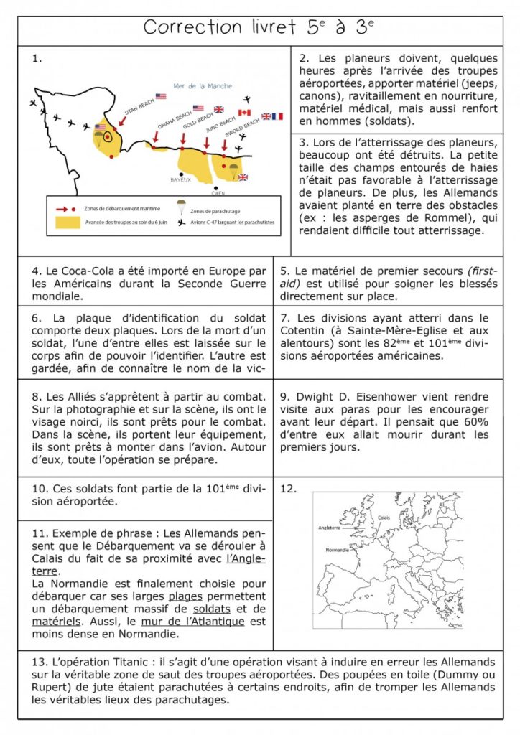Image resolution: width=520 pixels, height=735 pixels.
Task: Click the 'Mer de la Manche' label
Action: [203, 86]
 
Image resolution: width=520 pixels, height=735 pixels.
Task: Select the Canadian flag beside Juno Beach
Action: [244, 113]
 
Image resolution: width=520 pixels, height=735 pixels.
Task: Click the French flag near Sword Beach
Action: [278, 116]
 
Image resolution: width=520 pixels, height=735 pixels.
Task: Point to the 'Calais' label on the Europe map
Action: [384, 517]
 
